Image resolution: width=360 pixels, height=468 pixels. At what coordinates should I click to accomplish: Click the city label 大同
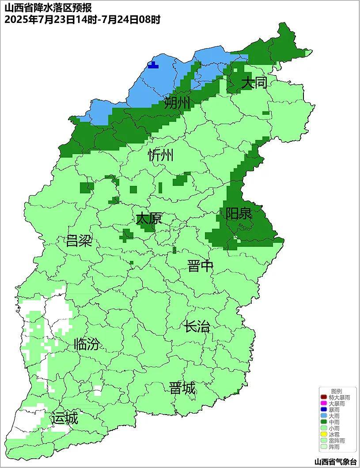254,83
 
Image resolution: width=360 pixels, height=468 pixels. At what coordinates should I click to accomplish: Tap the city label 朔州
177,103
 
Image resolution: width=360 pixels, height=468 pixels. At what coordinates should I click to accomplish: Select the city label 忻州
161,155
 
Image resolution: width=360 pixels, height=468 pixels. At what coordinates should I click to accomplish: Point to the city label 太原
148,219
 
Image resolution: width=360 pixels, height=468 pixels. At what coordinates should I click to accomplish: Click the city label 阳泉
239,214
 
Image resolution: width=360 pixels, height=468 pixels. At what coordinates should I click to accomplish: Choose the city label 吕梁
79,241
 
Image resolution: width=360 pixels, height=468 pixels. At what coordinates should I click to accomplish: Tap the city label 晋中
200,266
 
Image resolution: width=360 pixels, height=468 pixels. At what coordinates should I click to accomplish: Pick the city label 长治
197,327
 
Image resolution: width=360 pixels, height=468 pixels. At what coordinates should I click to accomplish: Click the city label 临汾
87,344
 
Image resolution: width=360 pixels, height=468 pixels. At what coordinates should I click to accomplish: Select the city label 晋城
182,389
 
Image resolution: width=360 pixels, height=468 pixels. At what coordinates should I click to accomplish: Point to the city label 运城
64,418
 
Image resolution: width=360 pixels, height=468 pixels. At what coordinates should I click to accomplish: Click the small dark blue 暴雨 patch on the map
153,65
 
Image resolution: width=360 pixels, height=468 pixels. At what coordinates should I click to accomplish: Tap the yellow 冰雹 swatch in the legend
324,434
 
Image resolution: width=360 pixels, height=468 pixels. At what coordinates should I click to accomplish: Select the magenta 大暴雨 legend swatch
324,404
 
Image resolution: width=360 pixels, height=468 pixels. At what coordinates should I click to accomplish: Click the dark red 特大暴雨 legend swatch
324,397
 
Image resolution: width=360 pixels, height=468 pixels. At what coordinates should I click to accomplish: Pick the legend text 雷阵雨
337,441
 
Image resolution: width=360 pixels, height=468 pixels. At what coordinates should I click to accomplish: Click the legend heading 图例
337,391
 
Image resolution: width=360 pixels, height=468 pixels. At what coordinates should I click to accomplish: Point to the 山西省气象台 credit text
335,462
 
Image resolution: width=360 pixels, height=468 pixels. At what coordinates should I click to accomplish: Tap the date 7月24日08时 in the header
137,20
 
